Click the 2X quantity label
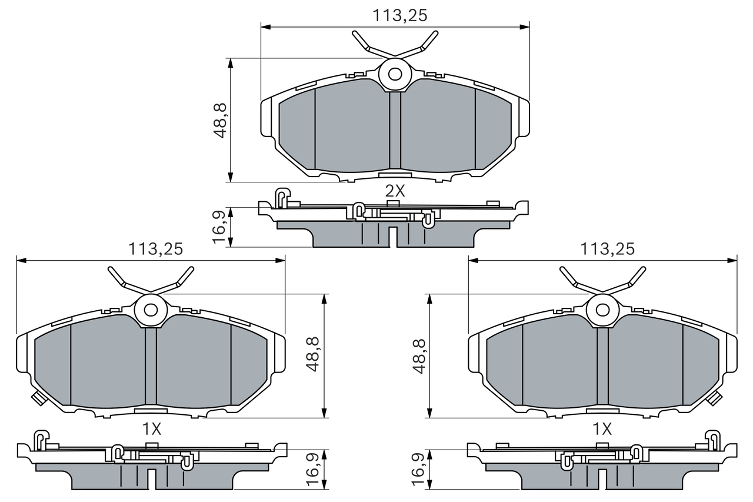tap(395, 191)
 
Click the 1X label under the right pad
tap(602, 429)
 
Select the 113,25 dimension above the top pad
tap(399, 16)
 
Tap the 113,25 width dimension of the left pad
tap(155, 249)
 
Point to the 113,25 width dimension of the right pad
tap(607, 249)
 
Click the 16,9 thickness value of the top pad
tap(219, 227)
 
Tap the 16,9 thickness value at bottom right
tap(419, 469)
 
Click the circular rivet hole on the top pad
tap(395, 74)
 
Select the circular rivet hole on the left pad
tap(151, 310)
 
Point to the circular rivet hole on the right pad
tap(602, 310)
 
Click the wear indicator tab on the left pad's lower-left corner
tap(38, 398)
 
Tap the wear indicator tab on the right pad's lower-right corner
tap(715, 398)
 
